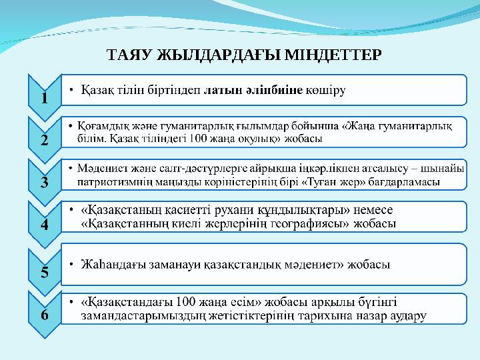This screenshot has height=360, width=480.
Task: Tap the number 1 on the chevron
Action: click(44, 98)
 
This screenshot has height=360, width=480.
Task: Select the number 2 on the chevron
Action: click(44, 140)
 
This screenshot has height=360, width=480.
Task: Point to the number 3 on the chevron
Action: click(44, 182)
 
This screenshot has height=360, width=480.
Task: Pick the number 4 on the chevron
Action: click(44, 225)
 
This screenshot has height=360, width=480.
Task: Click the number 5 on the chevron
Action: click(44, 271)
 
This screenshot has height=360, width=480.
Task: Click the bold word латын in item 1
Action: click(222, 91)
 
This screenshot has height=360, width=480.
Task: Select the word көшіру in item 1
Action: click(325, 91)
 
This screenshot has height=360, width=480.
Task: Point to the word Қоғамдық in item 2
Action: click(100, 125)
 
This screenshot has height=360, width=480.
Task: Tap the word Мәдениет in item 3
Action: click(99, 167)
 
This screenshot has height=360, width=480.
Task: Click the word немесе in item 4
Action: click(383, 209)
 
